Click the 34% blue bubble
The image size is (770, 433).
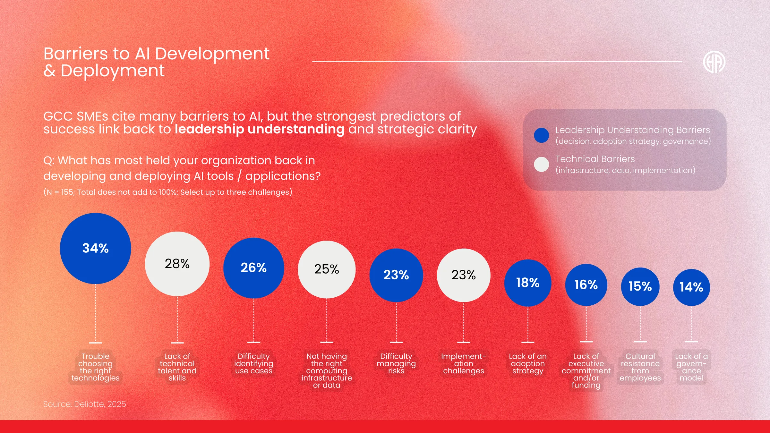click(x=95, y=248)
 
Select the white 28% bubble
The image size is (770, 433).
click(x=177, y=264)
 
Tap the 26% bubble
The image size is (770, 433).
click(x=253, y=268)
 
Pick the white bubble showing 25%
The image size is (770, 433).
click(x=327, y=269)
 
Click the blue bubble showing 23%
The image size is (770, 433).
click(x=396, y=275)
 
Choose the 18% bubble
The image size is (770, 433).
click(x=528, y=283)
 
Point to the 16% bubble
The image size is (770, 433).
click(x=586, y=285)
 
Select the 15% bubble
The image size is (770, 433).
click(x=640, y=286)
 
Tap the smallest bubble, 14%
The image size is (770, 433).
click(x=691, y=287)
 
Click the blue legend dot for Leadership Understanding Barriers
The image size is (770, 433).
click(x=542, y=135)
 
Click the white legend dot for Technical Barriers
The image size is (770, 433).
click(x=542, y=164)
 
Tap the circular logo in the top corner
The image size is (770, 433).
click(x=714, y=62)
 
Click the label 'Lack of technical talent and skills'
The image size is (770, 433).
click(x=177, y=367)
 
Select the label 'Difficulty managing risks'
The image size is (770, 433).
click(x=396, y=363)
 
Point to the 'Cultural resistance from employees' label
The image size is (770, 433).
click(x=640, y=367)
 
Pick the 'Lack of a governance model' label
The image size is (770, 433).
click(x=691, y=367)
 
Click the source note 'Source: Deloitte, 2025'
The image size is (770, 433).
click(x=85, y=404)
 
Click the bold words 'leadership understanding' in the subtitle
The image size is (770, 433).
click(x=260, y=129)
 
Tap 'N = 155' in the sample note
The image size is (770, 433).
click(x=60, y=192)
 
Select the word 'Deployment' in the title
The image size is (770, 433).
click(x=113, y=71)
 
